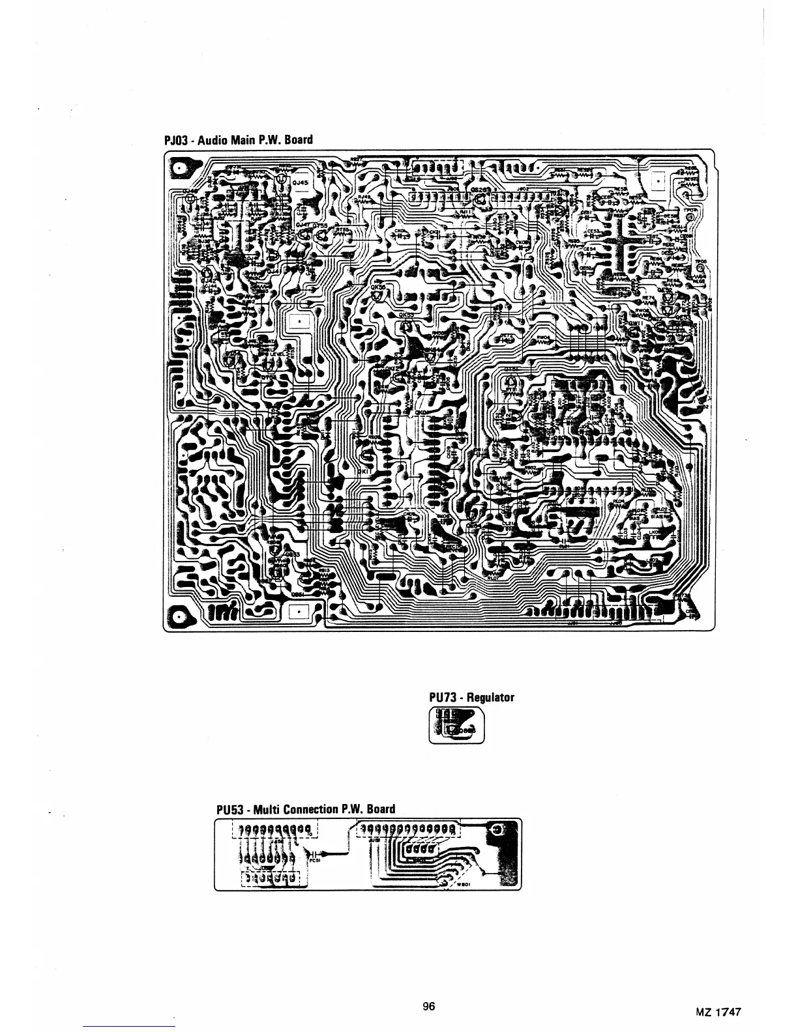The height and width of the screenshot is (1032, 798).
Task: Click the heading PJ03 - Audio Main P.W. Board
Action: click(x=238, y=139)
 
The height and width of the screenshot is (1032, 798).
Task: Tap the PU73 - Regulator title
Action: click(x=471, y=697)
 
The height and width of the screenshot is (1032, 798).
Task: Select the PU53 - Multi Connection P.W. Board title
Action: click(x=306, y=809)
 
